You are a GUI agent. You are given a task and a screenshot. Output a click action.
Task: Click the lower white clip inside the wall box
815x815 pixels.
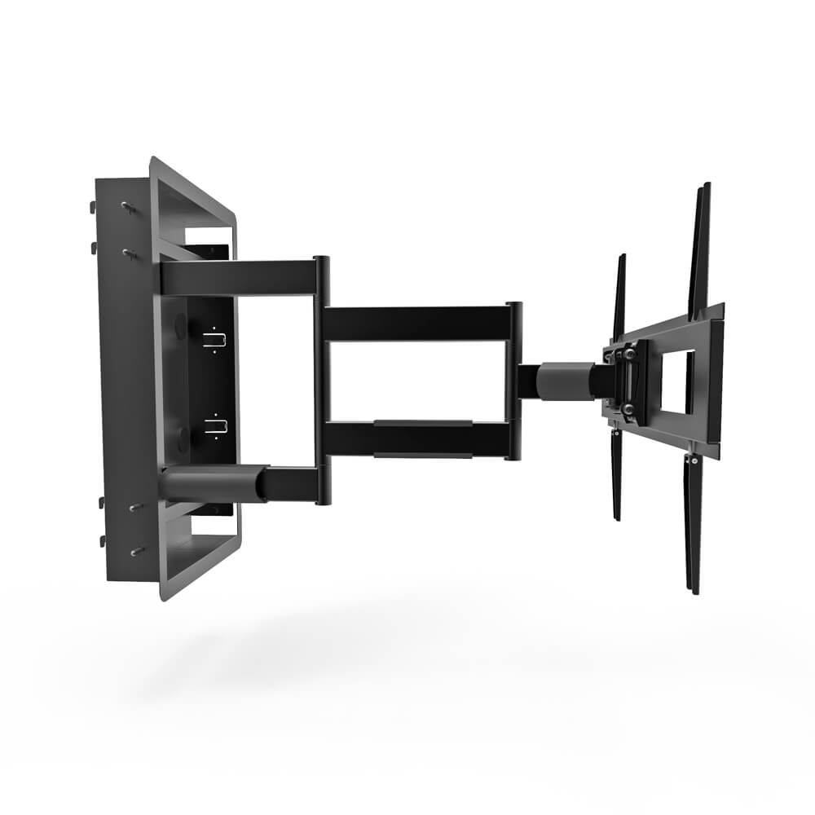pyautogui.click(x=213, y=424)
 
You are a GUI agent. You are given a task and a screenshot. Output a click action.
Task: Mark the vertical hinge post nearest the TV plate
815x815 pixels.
pyautogui.click(x=513, y=380)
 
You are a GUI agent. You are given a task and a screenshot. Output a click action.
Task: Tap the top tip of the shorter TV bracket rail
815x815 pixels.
pyautogui.click(x=622, y=257)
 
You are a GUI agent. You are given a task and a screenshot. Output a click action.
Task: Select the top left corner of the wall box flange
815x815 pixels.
pyautogui.click(x=152, y=160)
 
